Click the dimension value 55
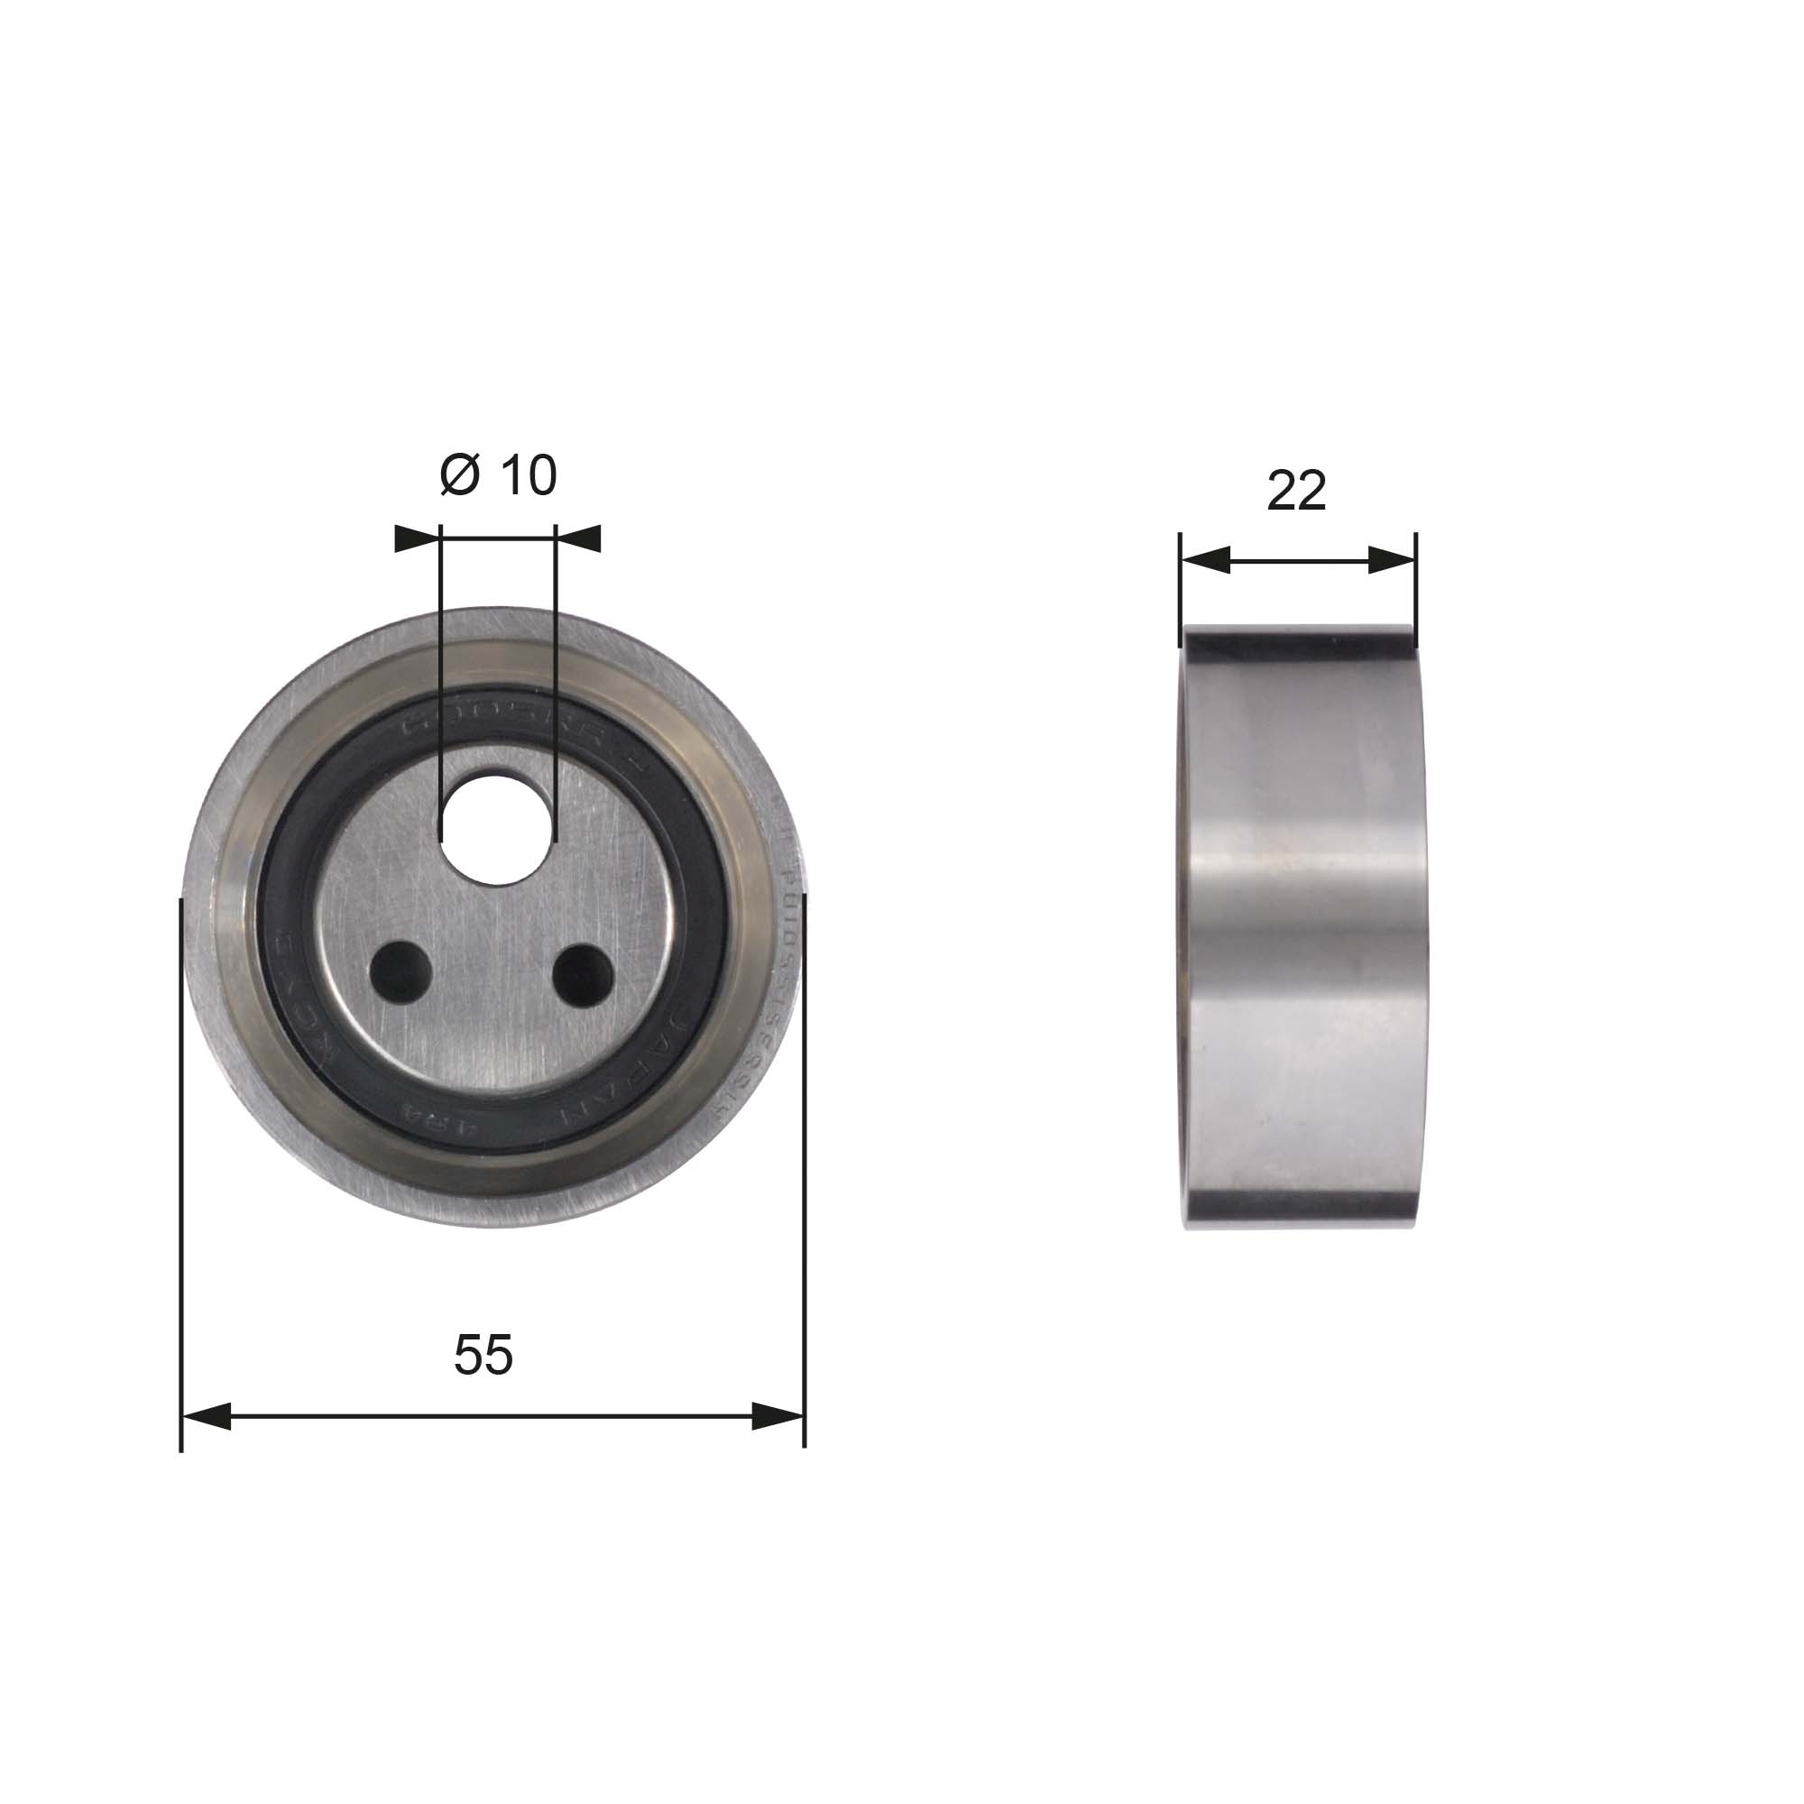pyautogui.click(x=483, y=1355)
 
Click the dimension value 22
pyautogui.click(x=1296, y=490)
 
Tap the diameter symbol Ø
pyautogui.click(x=458, y=475)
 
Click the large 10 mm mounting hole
pyautogui.click(x=492, y=828)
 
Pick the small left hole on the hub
pyautogui.click(x=400, y=972)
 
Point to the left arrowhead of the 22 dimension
pyautogui.click(x=1205, y=560)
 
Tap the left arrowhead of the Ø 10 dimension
pyautogui.click(x=417, y=538)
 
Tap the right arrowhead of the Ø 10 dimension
pyautogui.click(x=578, y=538)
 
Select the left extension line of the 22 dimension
pyautogui.click(x=1180, y=588)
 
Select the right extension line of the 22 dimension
pyautogui.click(x=1416, y=588)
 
